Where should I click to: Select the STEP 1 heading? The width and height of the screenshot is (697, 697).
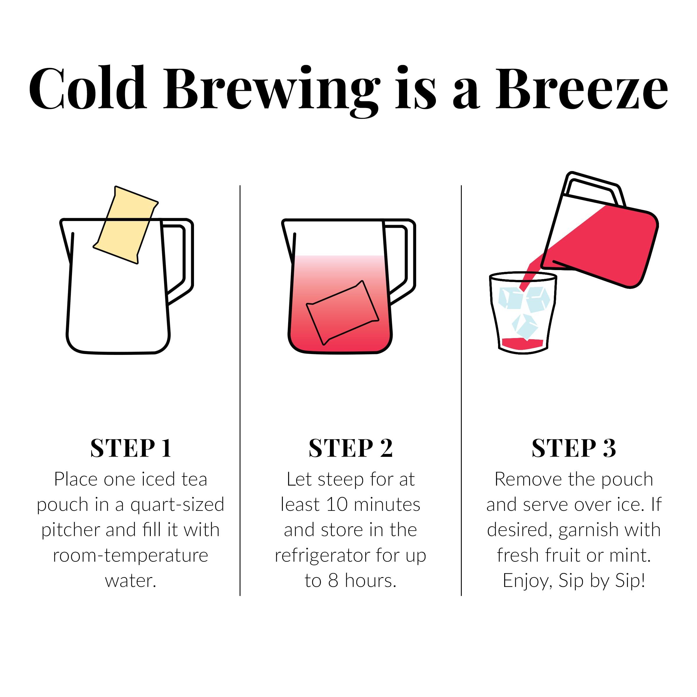coord(131,448)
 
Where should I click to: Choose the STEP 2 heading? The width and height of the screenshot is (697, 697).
coord(350,448)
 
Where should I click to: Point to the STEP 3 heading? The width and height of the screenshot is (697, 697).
coord(574,448)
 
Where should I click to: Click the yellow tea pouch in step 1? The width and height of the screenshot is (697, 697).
coord(125,224)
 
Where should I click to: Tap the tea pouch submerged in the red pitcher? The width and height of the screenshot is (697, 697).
coord(342,312)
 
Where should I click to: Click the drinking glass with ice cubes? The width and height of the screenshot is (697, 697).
coord(523,312)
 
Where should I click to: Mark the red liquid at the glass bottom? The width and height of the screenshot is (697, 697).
coord(522,343)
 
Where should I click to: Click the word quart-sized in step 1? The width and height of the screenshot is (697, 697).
coord(177,504)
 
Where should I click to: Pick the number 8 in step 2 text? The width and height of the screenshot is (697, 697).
coord(333,581)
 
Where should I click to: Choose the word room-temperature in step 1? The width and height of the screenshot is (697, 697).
coord(131,555)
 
